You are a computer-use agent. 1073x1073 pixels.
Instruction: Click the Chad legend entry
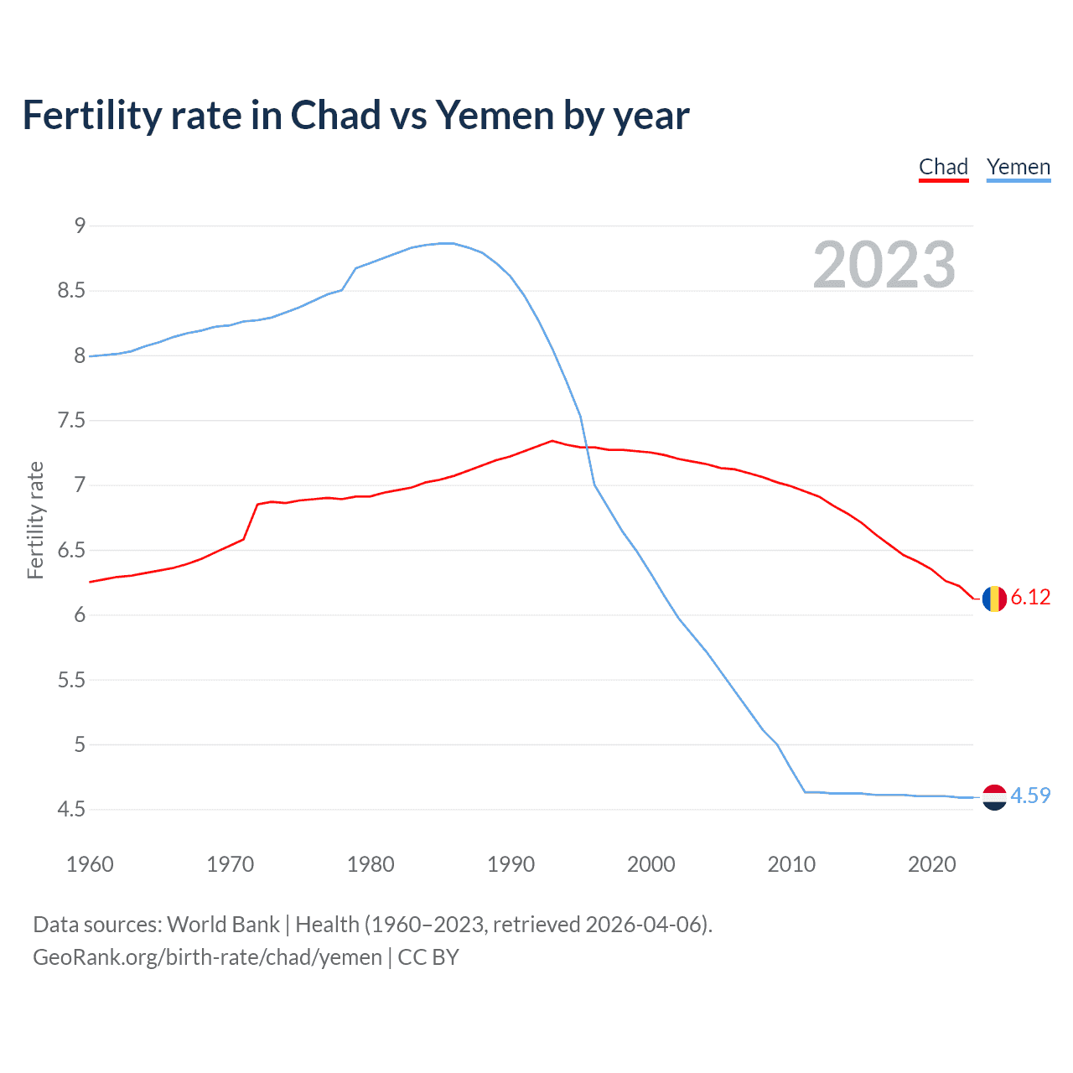point(943,167)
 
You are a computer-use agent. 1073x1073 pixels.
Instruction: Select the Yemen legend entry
point(1018,167)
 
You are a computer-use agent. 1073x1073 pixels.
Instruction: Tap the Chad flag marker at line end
point(994,599)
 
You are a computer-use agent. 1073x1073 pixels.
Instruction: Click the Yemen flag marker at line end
point(994,797)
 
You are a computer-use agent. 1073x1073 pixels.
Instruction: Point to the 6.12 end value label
point(1030,597)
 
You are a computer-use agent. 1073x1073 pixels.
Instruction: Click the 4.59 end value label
point(1030,796)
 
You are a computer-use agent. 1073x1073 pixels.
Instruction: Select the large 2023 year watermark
point(884,265)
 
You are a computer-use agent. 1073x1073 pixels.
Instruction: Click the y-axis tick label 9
point(80,225)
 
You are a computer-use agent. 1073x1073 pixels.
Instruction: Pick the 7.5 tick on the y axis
point(72,420)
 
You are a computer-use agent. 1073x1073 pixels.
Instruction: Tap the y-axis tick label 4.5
point(72,809)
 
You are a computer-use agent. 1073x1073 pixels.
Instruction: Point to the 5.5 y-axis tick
point(72,680)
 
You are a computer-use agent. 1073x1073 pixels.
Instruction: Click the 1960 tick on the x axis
point(90,864)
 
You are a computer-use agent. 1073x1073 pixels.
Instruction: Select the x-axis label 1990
point(511,864)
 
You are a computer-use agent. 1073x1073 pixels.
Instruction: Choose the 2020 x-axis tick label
point(931,864)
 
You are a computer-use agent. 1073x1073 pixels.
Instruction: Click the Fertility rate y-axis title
point(35,520)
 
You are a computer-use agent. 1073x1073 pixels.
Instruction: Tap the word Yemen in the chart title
point(494,116)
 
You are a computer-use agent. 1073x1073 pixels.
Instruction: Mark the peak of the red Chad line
point(552,440)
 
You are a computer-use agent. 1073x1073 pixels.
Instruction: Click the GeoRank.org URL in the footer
point(207,957)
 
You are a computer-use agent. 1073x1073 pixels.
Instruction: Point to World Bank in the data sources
point(223,925)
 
